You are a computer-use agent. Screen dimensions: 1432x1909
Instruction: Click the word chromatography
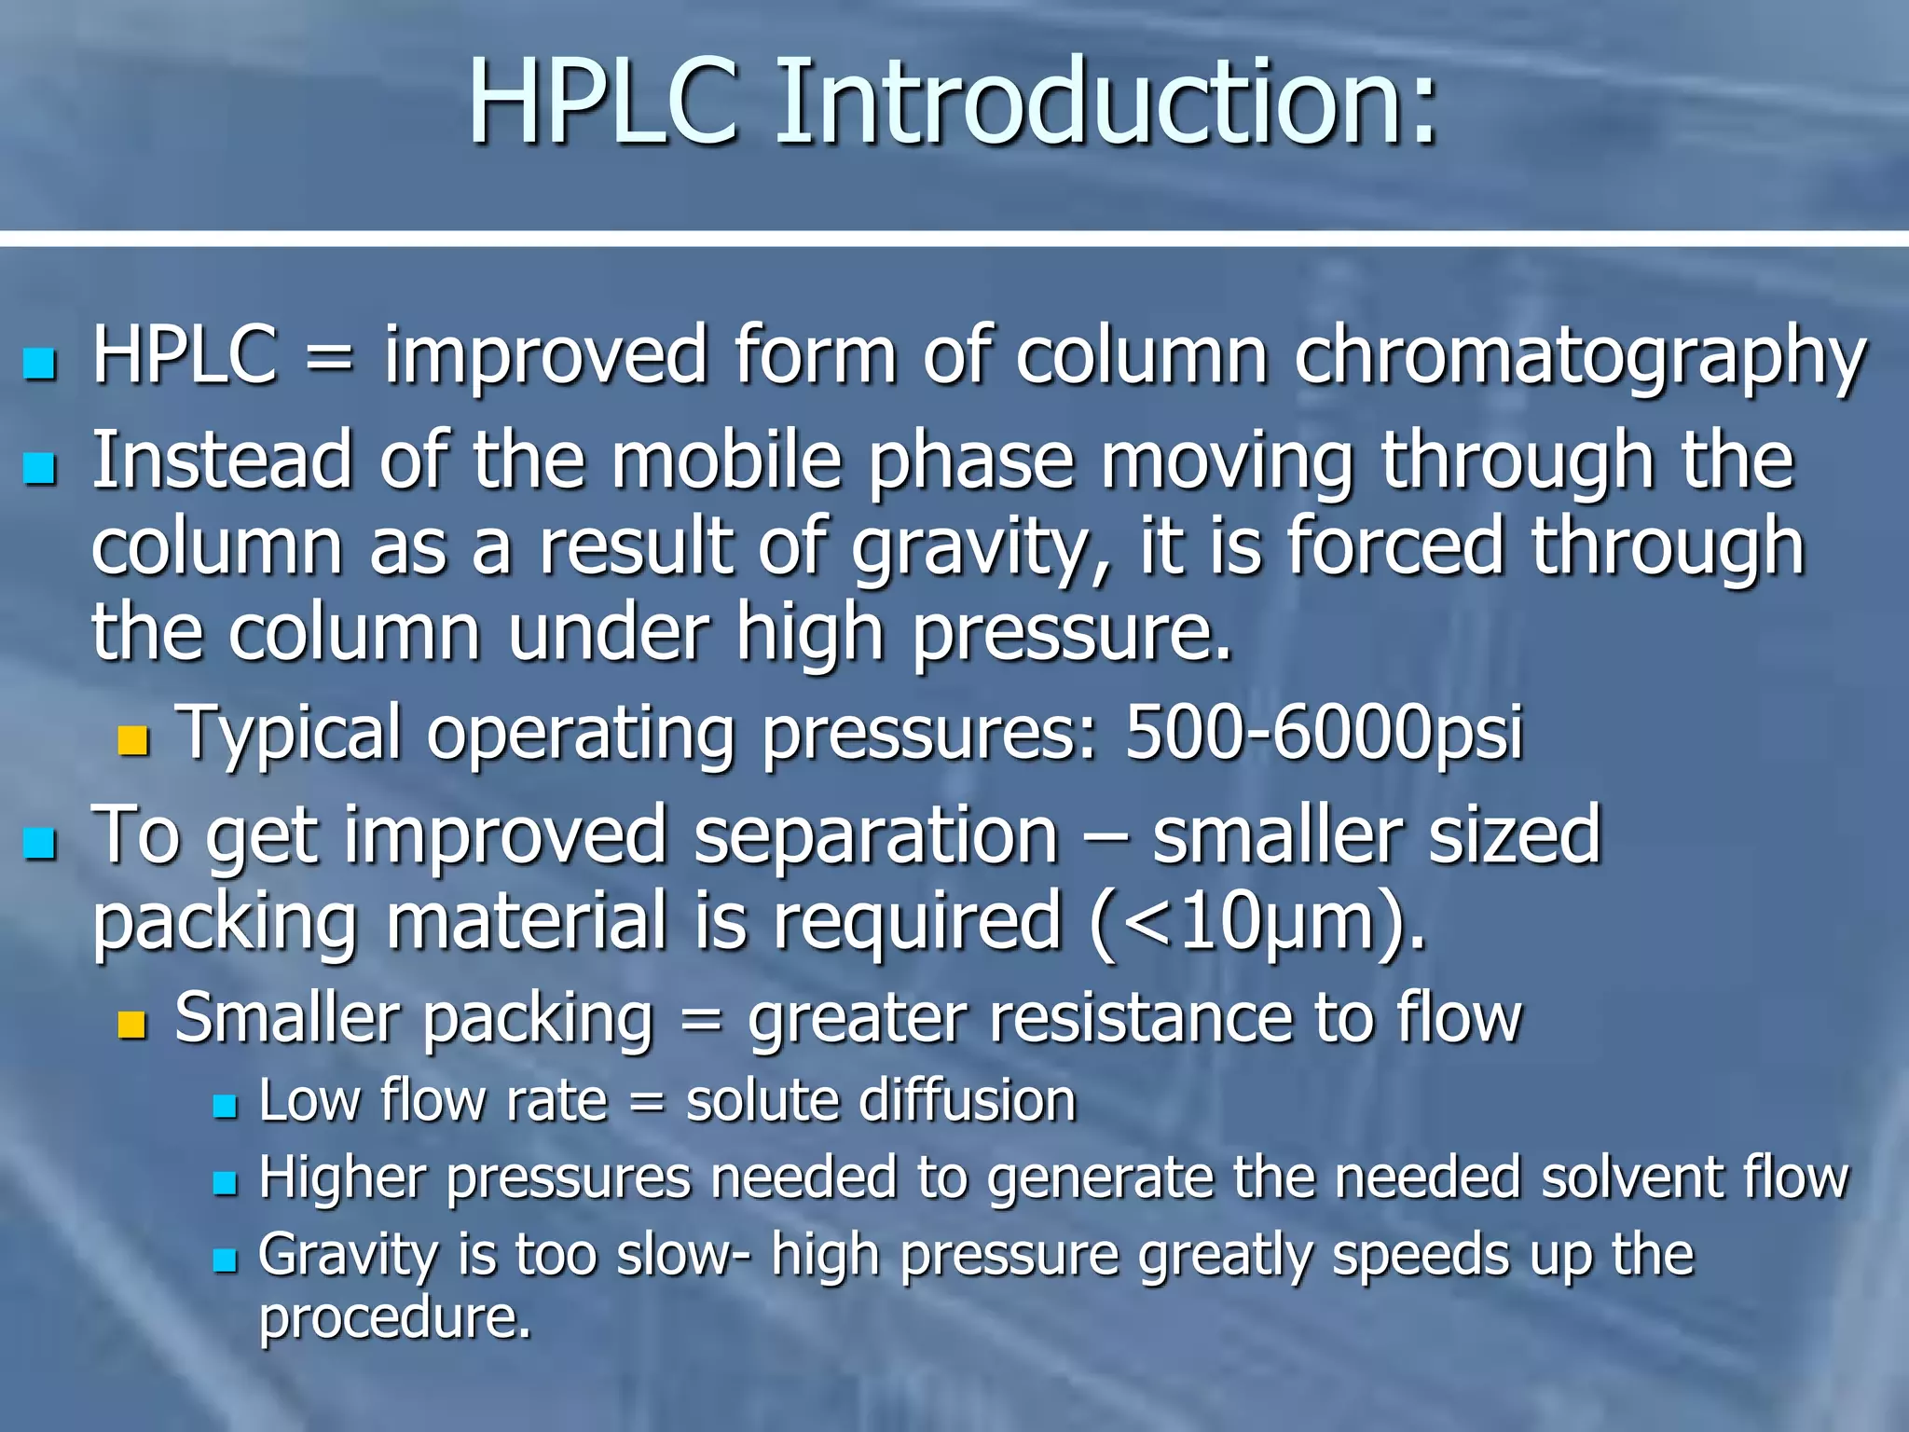coord(1580,358)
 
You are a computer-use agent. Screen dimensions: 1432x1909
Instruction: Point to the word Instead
coord(222,461)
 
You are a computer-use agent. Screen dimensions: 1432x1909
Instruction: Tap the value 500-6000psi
coord(1325,733)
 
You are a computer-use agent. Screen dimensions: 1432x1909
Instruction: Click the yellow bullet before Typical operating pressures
coord(133,740)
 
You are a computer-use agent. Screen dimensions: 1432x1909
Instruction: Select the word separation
coord(876,835)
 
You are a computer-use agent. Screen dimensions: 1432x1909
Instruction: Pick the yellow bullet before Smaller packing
coord(133,1025)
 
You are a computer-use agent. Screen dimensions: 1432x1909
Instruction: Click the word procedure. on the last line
coord(395,1318)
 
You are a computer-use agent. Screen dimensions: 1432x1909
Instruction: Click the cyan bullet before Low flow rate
coord(225,1108)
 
